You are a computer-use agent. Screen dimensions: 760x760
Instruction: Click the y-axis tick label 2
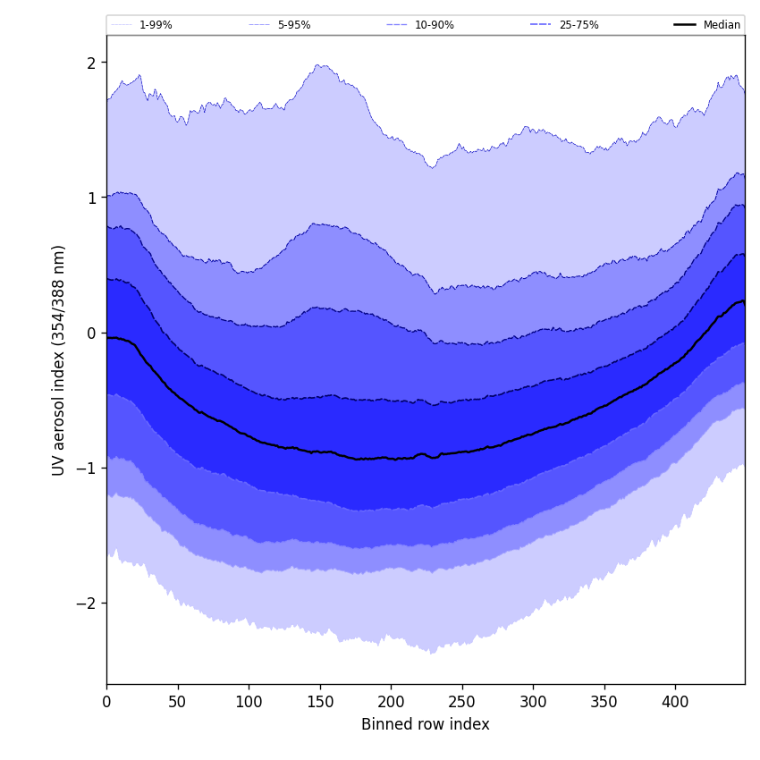(x=91, y=63)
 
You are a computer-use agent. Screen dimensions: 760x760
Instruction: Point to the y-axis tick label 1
(x=91, y=198)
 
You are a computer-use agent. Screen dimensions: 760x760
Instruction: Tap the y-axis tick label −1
(x=88, y=468)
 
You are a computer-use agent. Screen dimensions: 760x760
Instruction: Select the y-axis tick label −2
(x=88, y=603)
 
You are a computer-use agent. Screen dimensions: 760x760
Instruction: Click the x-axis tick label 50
(x=178, y=703)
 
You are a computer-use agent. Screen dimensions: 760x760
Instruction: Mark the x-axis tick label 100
(x=249, y=703)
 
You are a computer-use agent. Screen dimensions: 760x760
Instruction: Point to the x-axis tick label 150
(x=320, y=703)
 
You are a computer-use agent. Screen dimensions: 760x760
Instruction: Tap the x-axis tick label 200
(x=391, y=703)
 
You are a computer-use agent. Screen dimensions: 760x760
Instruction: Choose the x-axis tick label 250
(x=462, y=703)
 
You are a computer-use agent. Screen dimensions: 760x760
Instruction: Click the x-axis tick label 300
(x=533, y=703)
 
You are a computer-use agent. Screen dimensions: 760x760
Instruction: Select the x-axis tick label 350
(x=604, y=703)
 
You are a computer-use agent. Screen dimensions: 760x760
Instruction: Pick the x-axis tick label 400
(x=675, y=703)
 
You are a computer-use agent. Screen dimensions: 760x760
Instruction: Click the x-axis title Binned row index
(x=426, y=724)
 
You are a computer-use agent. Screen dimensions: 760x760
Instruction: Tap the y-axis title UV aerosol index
(x=59, y=359)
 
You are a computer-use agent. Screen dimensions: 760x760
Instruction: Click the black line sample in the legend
(x=685, y=25)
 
